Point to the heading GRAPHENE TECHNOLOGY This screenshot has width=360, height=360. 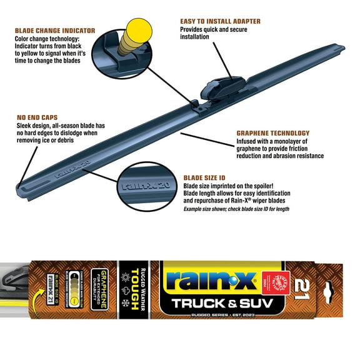pos(273,133)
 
